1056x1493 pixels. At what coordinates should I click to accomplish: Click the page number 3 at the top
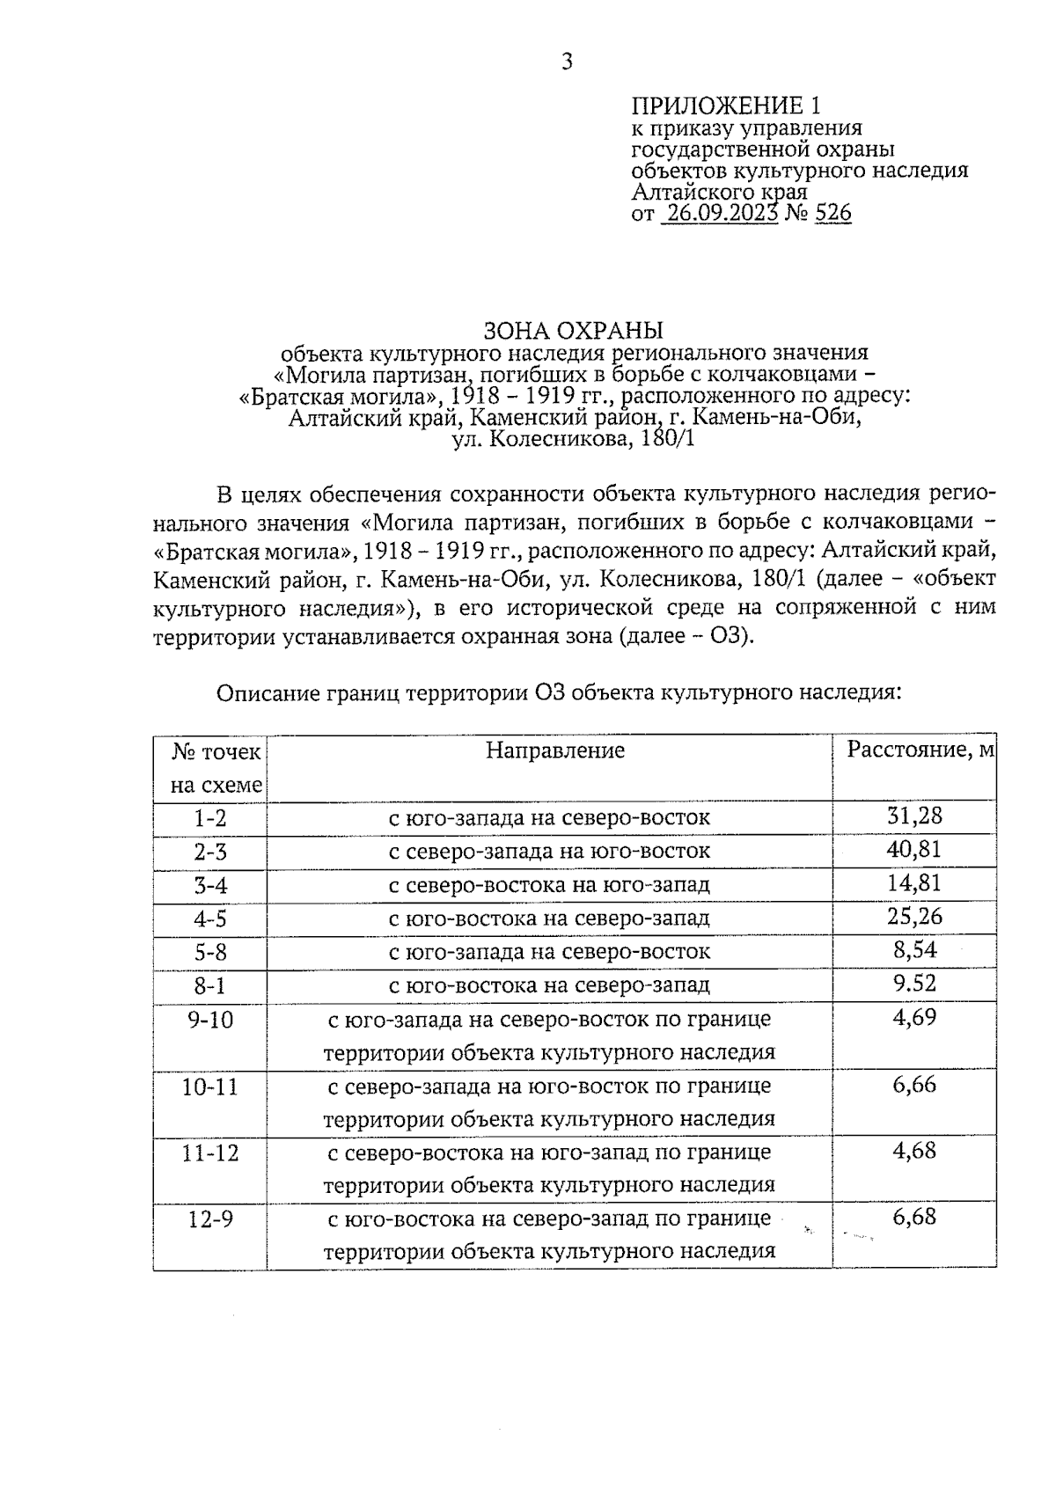tap(567, 62)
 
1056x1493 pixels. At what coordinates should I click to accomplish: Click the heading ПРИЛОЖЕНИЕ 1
tap(726, 107)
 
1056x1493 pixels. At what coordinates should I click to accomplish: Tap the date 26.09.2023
tap(721, 214)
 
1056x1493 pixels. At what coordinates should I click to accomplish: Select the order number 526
tap(833, 214)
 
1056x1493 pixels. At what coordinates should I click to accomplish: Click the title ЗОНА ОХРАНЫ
tap(573, 331)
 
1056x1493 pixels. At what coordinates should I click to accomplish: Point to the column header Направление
tap(555, 750)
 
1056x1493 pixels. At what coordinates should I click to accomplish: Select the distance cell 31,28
tap(914, 816)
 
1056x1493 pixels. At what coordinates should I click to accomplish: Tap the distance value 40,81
tap(914, 849)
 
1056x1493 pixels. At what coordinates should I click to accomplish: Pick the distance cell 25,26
tap(914, 916)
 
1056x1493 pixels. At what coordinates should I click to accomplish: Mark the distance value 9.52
tap(914, 983)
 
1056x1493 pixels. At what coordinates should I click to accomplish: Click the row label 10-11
tap(210, 1087)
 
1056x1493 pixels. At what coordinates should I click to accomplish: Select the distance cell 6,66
tap(914, 1084)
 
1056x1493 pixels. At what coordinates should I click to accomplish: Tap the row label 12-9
tap(210, 1220)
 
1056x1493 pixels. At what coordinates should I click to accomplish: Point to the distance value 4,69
tap(914, 1017)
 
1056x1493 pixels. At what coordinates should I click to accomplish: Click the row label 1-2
tap(210, 818)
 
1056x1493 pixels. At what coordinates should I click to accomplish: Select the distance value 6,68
tap(914, 1218)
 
